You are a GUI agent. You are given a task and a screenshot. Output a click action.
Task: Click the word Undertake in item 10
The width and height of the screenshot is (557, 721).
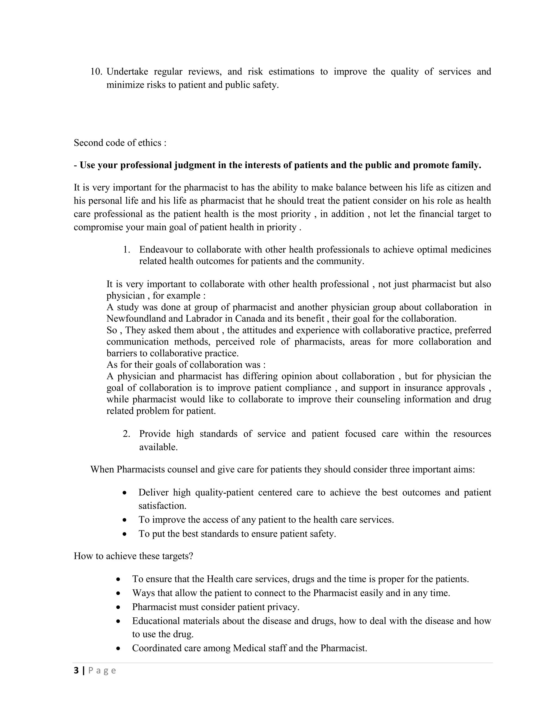click(127, 72)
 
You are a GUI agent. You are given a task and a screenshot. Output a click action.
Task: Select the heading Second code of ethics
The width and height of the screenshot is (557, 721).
click(120, 143)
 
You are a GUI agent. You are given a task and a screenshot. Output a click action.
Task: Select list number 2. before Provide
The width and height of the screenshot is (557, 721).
click(126, 434)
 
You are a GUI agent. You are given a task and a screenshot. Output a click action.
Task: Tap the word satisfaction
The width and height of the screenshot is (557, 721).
click(162, 506)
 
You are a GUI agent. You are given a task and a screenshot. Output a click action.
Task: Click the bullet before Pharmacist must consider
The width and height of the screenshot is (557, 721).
click(119, 608)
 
